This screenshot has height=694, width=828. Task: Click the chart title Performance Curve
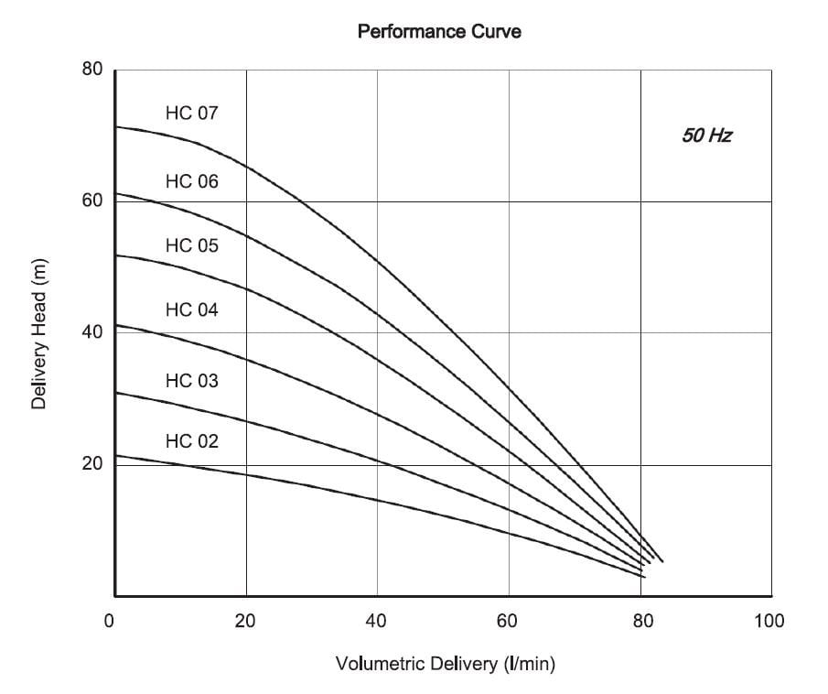[439, 32]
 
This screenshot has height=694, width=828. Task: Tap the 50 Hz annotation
[706, 136]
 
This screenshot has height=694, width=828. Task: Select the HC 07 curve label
[192, 114]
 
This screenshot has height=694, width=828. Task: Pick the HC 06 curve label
[192, 181]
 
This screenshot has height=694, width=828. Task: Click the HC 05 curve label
[192, 245]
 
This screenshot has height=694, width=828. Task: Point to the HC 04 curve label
[192, 309]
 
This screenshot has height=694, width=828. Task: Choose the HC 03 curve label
[192, 380]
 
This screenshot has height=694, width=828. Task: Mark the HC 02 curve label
[192, 441]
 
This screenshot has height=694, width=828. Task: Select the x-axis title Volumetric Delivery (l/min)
[446, 664]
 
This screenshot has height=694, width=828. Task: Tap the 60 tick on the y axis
[92, 200]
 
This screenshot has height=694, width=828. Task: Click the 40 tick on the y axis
[92, 331]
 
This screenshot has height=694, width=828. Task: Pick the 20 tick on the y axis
[92, 463]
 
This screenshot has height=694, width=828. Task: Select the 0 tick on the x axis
[110, 622]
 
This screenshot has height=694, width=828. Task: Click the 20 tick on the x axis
[245, 622]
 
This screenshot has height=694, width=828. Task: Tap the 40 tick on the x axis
[376, 622]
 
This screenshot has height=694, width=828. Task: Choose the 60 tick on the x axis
[507, 622]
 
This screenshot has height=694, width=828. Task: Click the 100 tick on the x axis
[769, 622]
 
